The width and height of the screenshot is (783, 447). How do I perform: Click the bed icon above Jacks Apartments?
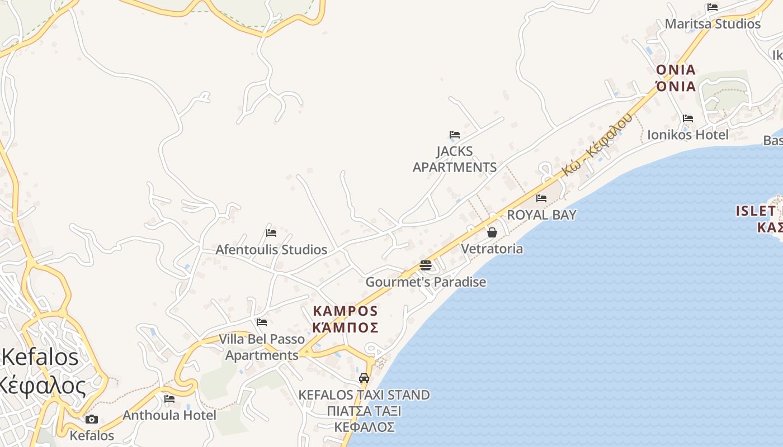(x=454, y=135)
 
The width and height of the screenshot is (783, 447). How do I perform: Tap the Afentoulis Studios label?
(x=271, y=250)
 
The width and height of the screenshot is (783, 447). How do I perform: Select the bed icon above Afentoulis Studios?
(x=271, y=232)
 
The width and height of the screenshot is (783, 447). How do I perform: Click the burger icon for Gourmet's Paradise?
(x=426, y=265)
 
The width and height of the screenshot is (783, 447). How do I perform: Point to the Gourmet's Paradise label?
(x=426, y=282)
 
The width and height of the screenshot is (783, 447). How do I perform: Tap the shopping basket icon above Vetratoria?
(x=492, y=232)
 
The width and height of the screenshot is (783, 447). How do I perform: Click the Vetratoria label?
(x=492, y=249)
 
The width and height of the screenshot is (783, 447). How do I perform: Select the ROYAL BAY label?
(x=541, y=215)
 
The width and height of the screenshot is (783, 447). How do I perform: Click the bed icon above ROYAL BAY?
(x=541, y=198)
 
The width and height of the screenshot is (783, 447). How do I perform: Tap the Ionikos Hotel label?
(x=688, y=135)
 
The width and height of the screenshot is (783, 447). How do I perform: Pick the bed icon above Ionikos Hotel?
(x=688, y=118)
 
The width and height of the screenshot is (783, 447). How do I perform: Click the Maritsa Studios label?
(x=713, y=24)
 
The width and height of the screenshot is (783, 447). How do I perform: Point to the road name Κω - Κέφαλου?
(x=597, y=144)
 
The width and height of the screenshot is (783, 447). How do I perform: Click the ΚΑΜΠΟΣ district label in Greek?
(x=345, y=328)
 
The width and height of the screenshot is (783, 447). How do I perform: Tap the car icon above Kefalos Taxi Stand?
(x=364, y=378)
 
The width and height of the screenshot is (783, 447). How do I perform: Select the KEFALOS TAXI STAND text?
(x=364, y=395)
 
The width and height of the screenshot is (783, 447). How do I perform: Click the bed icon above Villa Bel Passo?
(x=262, y=322)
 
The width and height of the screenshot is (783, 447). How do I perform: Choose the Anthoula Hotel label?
(x=169, y=415)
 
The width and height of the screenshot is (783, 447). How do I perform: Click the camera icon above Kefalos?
(x=92, y=419)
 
